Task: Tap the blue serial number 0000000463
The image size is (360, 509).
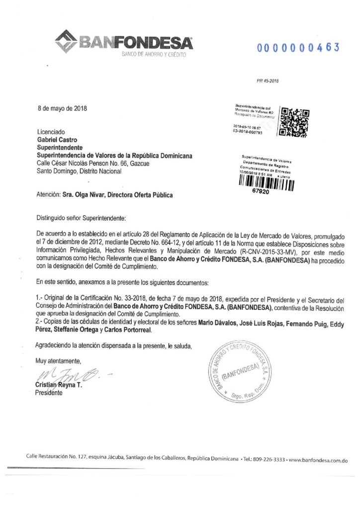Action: point(298,47)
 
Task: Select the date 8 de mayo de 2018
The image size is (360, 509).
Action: point(62,108)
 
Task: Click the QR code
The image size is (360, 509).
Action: point(295,122)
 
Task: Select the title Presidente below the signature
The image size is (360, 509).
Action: point(49,393)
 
